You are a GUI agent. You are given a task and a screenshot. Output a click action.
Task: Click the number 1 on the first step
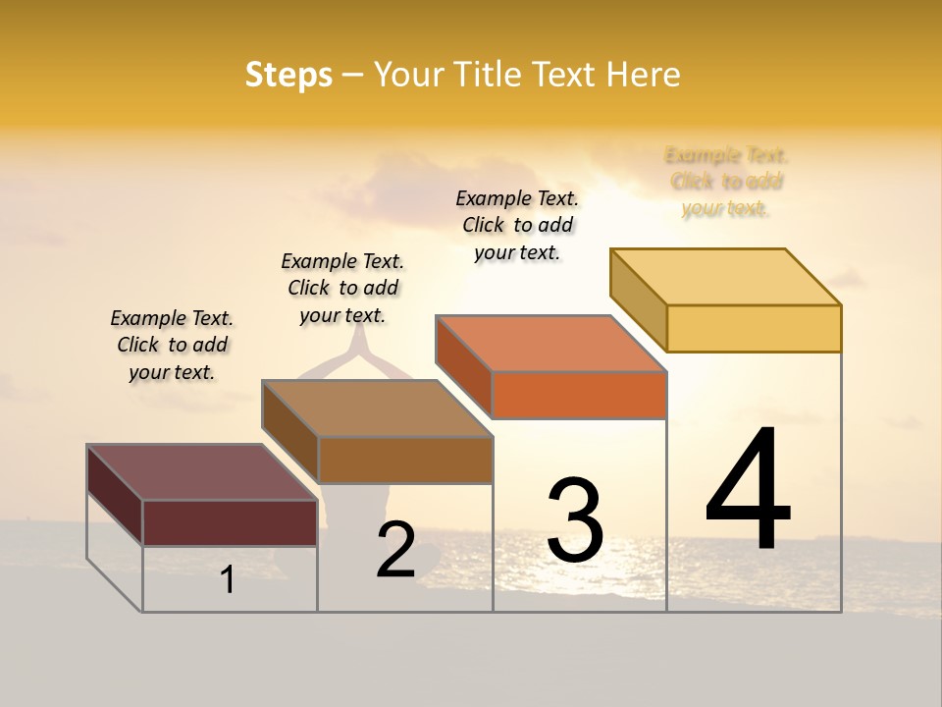[x=228, y=580]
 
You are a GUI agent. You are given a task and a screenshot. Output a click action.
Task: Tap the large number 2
[x=396, y=551]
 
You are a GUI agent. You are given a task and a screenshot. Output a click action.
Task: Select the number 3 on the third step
[x=575, y=520]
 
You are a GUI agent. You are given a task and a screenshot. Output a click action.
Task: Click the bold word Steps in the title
[x=288, y=75]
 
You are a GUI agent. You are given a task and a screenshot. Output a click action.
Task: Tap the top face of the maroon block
[x=202, y=472]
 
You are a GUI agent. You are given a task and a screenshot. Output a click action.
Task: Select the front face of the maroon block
[x=230, y=522]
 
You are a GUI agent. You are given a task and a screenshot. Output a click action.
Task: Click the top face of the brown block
[x=377, y=408]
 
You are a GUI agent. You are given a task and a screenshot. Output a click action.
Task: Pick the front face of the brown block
[x=405, y=460]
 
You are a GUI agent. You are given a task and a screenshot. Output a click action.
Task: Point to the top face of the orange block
[x=551, y=344]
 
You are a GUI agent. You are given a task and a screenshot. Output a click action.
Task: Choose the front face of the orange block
[x=579, y=395]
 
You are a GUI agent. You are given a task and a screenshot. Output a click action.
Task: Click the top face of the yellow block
[x=726, y=277]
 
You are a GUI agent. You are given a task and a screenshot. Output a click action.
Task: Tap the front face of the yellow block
[x=754, y=328]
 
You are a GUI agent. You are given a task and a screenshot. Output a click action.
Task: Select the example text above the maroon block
[x=172, y=346]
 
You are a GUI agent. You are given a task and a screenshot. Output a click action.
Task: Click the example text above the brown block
[x=342, y=288]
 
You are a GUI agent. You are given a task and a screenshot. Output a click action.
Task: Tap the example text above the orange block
[x=517, y=225]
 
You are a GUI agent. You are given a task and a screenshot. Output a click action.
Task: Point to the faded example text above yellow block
[x=726, y=182]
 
